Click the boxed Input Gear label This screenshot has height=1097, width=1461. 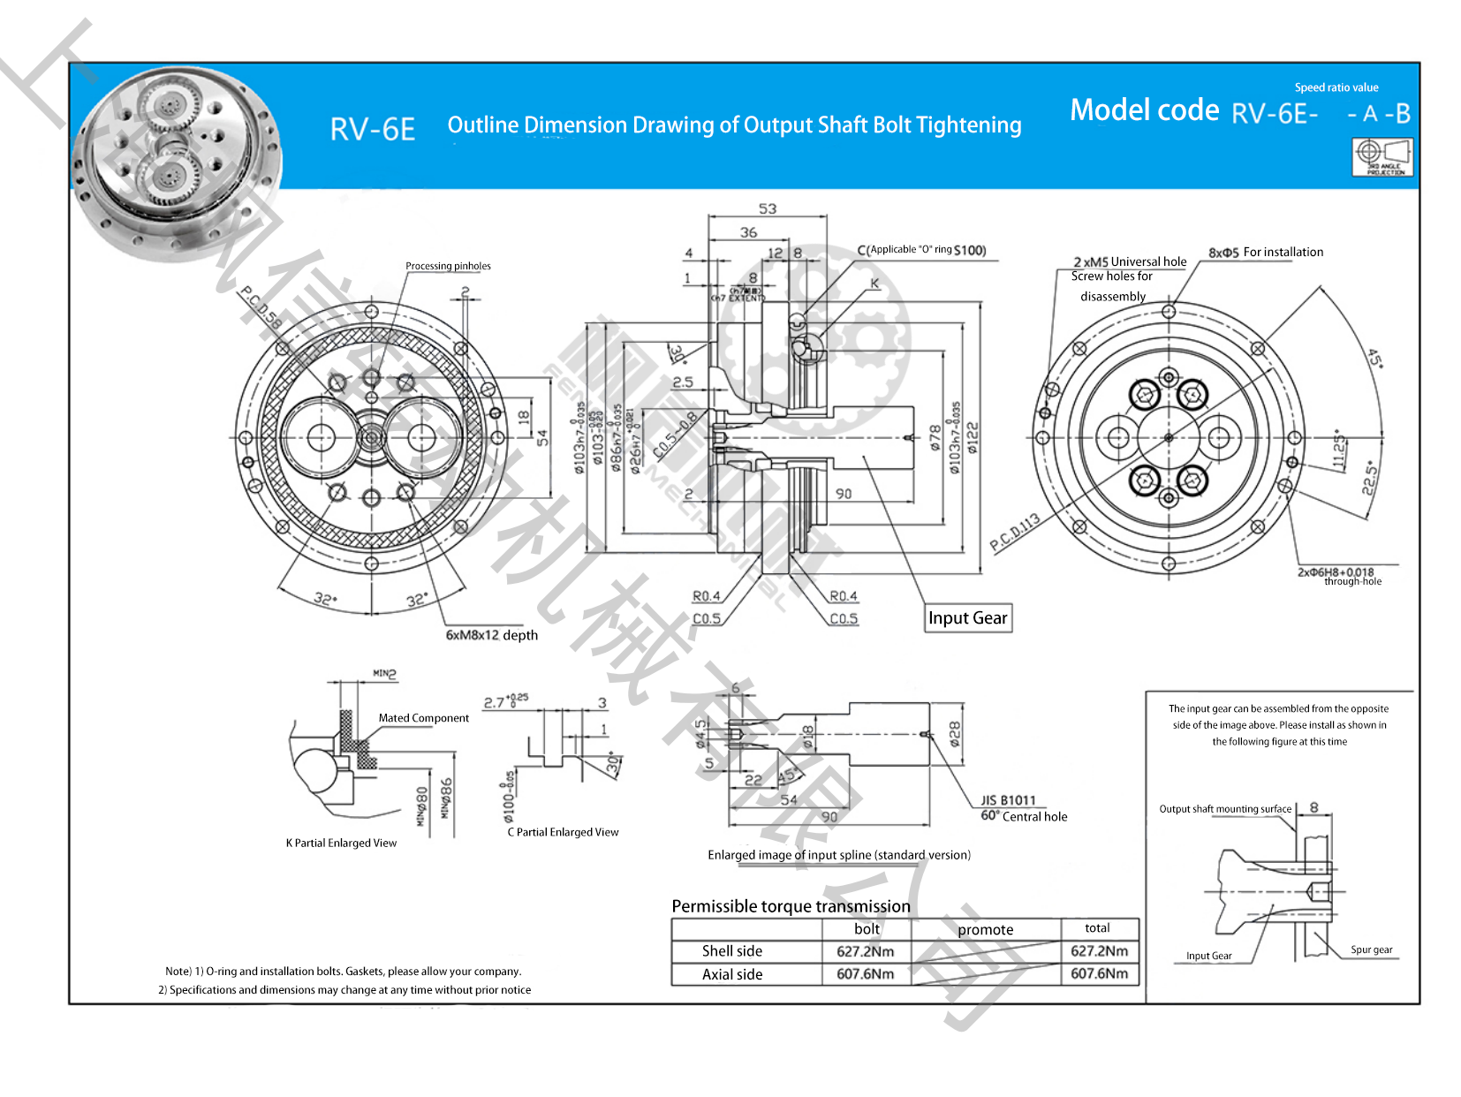pyautogui.click(x=967, y=618)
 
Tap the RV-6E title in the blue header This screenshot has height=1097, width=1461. pyautogui.click(x=373, y=130)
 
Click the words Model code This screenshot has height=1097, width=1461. pyautogui.click(x=1144, y=110)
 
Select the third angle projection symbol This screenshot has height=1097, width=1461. pyautogui.click(x=1382, y=157)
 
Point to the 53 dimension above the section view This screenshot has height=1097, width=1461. pyautogui.click(x=767, y=209)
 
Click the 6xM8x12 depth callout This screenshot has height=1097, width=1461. pyautogui.click(x=491, y=635)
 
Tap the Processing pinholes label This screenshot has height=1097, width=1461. pyautogui.click(x=448, y=266)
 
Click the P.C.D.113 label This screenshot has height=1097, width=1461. pyautogui.click(x=1014, y=532)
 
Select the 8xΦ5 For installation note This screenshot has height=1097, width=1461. pyautogui.click(x=1266, y=253)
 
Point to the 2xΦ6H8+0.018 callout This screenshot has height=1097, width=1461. pyautogui.click(x=1335, y=572)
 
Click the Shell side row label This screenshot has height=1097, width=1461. pyautogui.click(x=731, y=951)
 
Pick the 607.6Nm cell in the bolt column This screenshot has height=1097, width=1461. pyautogui.click(x=865, y=974)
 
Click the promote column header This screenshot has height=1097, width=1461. pyautogui.click(x=985, y=930)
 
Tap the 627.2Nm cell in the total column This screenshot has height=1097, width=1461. pyautogui.click(x=1099, y=951)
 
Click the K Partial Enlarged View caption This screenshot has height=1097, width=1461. pyautogui.click(x=341, y=844)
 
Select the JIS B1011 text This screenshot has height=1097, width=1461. pyautogui.click(x=1008, y=801)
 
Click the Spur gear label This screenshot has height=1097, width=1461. pyautogui.click(x=1371, y=950)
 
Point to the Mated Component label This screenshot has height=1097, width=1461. pyautogui.click(x=423, y=718)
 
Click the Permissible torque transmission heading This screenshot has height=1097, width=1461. pyautogui.click(x=791, y=906)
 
